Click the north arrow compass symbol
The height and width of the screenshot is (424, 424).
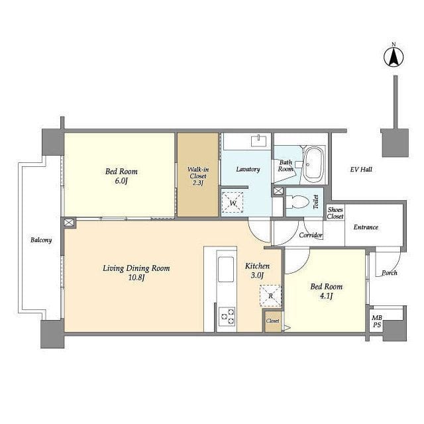[x=393, y=57]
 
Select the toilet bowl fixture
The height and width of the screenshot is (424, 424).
[x=300, y=202]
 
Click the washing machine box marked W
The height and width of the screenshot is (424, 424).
[x=232, y=201]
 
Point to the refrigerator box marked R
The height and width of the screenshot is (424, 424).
[x=270, y=296]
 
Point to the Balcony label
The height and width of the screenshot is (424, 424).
[x=41, y=240]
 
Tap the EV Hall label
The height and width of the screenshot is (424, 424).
[x=361, y=170]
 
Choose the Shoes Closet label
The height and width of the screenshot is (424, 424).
[x=335, y=213]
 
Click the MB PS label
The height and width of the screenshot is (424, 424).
[x=376, y=321]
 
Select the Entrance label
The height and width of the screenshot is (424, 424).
[x=365, y=227]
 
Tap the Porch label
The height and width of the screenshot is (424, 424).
[x=389, y=272]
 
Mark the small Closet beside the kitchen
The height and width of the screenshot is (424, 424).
[x=272, y=321]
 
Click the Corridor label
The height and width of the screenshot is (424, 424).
[x=311, y=235]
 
